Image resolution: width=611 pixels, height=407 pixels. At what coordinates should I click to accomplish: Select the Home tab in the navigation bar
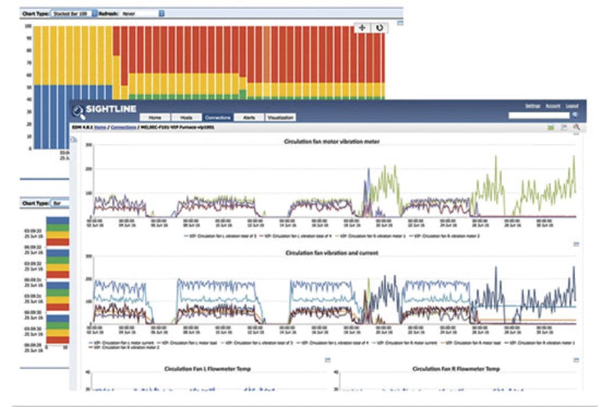pos(154,118)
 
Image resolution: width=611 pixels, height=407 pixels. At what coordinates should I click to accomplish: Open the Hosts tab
pos(185,118)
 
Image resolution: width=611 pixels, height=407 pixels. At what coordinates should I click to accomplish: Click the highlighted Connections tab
pos(218,118)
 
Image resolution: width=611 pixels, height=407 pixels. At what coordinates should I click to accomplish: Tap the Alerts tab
pos(249,118)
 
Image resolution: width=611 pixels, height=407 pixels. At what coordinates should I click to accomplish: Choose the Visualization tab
pos(280,118)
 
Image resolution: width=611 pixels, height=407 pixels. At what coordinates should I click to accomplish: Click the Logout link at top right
pos(572,106)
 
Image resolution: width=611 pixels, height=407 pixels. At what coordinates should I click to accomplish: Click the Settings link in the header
pos(532,106)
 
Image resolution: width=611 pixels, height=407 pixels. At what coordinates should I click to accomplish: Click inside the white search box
pos(538,115)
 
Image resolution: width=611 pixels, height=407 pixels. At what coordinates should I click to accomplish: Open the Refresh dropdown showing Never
pos(142,13)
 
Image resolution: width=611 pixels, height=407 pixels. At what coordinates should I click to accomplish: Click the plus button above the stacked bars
pos(362,28)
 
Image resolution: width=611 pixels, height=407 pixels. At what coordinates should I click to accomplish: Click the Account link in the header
pos(552,106)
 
